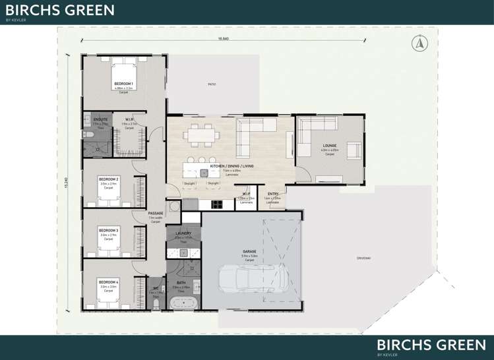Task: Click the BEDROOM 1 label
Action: pyautogui.click(x=123, y=84)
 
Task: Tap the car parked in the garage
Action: pyautogui.click(x=250, y=281)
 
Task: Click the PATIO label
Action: pyautogui.click(x=212, y=84)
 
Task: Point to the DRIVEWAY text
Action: pyautogui.click(x=363, y=258)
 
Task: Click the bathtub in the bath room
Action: pyautogui.click(x=183, y=304)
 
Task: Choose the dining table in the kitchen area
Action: pyautogui.click(x=202, y=135)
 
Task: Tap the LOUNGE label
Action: pyautogui.click(x=330, y=145)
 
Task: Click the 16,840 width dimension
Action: pyautogui.click(x=223, y=39)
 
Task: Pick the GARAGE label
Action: pyautogui.click(x=250, y=252)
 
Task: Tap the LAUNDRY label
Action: pyautogui.click(x=183, y=233)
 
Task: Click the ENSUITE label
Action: pyautogui.click(x=100, y=119)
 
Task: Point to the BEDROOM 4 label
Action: pyautogui.click(x=109, y=282)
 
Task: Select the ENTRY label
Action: pyautogui.click(x=273, y=194)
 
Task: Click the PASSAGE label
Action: pyautogui.click(x=156, y=213)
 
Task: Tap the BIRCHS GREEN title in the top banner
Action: pyautogui.click(x=60, y=10)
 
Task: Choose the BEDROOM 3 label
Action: pyautogui.click(x=109, y=231)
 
